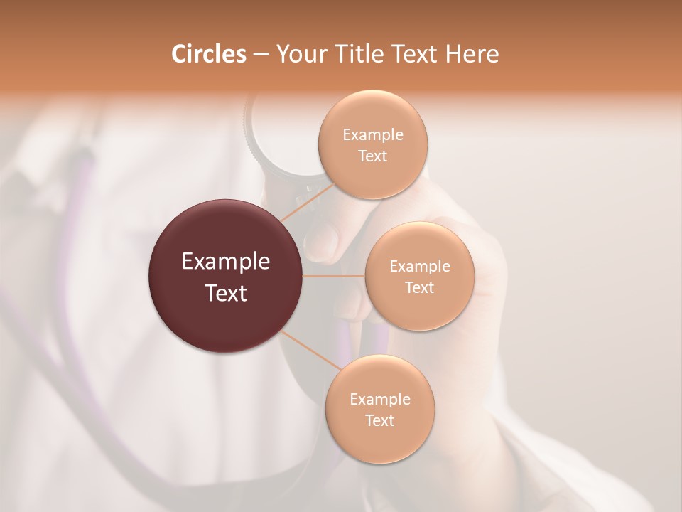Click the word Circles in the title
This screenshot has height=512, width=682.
pos(208,54)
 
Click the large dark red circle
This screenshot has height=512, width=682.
pos(226,276)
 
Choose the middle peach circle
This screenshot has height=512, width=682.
pos(419,276)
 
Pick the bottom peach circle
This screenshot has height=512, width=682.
pos(379,409)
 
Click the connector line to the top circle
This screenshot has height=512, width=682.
pos(307,202)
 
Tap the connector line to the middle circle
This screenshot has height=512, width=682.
pos(334,276)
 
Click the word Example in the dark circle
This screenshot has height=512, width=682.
pos(226,262)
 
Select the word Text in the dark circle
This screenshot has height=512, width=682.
pos(226,293)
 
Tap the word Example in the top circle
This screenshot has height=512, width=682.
pos(372,134)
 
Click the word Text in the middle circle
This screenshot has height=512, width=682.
pos(419,287)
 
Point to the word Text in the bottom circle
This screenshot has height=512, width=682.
pos(379,420)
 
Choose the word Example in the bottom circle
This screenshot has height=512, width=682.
pos(379,399)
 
